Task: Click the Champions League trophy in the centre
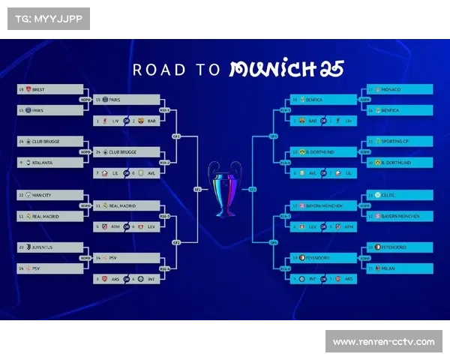coord(225,188)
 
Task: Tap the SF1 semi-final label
coord(197,190)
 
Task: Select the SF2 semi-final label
coord(253,190)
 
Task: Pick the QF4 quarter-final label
coord(273,242)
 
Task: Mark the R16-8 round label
coord(285,268)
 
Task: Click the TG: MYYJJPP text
coord(48,19)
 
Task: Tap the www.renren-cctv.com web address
coord(383,342)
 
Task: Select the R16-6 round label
coord(285,162)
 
